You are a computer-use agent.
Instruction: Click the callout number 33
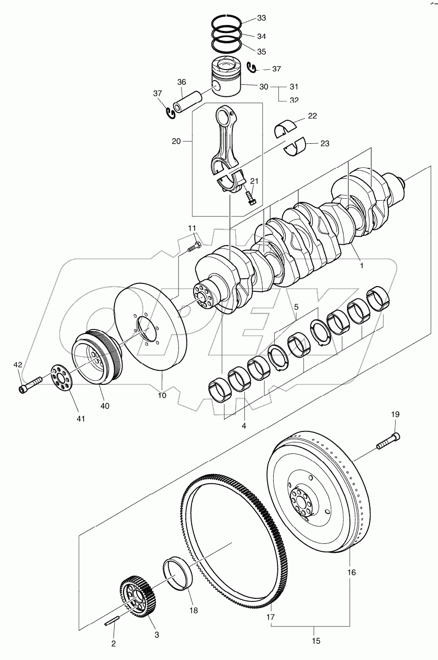pos(261,18)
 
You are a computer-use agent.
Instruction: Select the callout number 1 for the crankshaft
pos(360,265)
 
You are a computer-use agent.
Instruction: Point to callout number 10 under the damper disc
pos(162,395)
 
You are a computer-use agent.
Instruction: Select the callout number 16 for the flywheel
pos(351,573)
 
